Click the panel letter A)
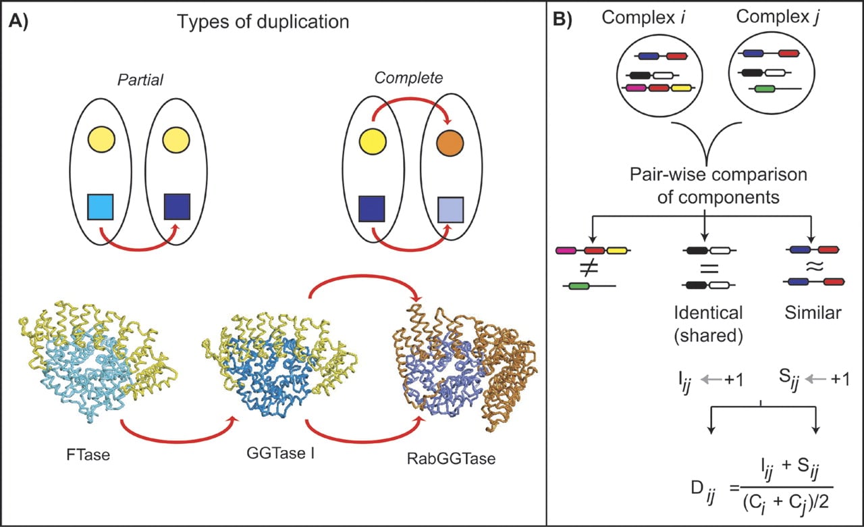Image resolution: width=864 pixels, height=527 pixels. [18, 22]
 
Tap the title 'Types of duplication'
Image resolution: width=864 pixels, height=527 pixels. [263, 22]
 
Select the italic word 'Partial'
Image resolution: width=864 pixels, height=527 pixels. [140, 80]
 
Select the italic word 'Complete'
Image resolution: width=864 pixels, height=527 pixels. [408, 78]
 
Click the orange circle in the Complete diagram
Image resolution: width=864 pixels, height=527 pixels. [450, 143]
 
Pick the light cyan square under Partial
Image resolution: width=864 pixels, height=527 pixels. [101, 207]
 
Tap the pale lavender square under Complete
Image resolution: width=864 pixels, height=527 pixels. [450, 210]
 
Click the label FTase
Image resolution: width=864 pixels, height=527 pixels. [88, 455]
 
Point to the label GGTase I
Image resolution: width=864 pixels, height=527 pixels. [280, 453]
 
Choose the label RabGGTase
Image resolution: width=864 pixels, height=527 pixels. [452, 459]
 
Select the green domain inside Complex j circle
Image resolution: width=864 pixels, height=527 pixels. [765, 89]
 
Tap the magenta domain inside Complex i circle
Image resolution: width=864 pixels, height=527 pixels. [636, 88]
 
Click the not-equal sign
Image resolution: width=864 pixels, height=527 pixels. [589, 268]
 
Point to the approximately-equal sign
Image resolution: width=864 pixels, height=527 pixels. [814, 266]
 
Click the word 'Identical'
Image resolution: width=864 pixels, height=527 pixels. [708, 313]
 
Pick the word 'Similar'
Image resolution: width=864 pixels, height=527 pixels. [813, 313]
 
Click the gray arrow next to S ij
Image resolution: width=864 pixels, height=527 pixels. [816, 380]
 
